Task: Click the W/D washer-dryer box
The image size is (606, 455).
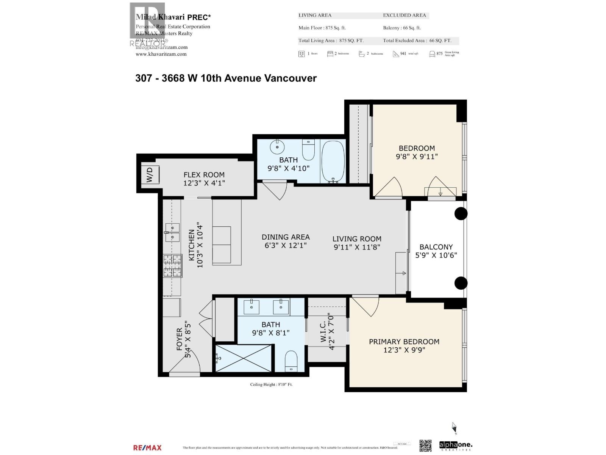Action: coord(150,175)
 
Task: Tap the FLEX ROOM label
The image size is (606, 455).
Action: coord(204,175)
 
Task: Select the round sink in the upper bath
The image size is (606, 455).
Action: coord(277,147)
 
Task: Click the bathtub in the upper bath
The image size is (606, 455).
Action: coord(333,161)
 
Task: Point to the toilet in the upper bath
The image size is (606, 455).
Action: coord(308,150)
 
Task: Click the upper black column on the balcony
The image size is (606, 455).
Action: coord(461,213)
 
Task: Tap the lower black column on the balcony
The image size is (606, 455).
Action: coord(461,283)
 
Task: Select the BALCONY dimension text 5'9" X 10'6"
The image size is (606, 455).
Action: coord(436,255)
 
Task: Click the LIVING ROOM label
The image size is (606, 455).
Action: coord(357,239)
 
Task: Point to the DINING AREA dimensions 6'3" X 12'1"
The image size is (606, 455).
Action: coord(286,245)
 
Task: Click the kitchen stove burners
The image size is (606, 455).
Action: coord(172,265)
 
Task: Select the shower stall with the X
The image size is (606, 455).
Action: coord(244,358)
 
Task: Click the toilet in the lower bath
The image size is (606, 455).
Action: coord(291,361)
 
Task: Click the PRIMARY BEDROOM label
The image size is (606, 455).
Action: coord(404,342)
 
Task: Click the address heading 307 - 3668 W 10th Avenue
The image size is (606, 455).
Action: coord(226,78)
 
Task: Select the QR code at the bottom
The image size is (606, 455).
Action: coord(425,446)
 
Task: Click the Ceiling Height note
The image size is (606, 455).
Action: coord(271,384)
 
